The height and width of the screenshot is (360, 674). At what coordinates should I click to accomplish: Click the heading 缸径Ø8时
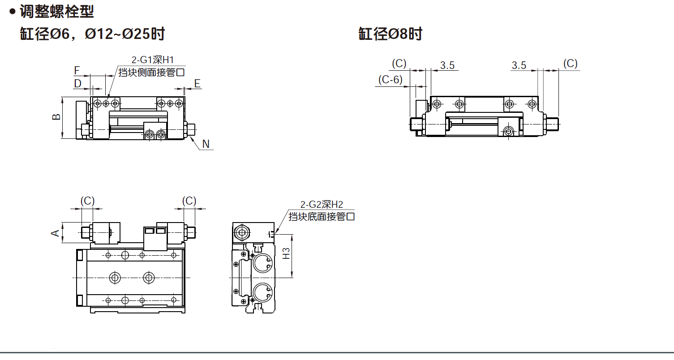(390, 34)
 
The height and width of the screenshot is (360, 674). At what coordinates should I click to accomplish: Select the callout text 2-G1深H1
(152, 60)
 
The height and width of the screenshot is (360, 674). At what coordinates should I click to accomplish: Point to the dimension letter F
(77, 70)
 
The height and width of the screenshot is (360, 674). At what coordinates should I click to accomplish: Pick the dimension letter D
(77, 83)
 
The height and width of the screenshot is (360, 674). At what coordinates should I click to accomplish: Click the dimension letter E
(197, 83)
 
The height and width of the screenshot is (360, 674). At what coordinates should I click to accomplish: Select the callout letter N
(206, 144)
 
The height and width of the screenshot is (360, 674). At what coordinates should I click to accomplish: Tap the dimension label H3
(287, 254)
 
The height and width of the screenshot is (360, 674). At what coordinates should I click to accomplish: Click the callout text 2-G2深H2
(321, 205)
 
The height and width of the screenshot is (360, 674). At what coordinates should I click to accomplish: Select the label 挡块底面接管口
(321, 217)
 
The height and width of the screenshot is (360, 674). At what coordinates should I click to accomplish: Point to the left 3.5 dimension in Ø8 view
(447, 65)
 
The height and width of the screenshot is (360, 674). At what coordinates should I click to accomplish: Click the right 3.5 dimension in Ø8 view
(519, 65)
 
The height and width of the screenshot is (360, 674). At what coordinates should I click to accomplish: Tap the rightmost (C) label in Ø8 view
(570, 64)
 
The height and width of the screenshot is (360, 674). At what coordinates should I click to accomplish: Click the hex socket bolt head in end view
(242, 232)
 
